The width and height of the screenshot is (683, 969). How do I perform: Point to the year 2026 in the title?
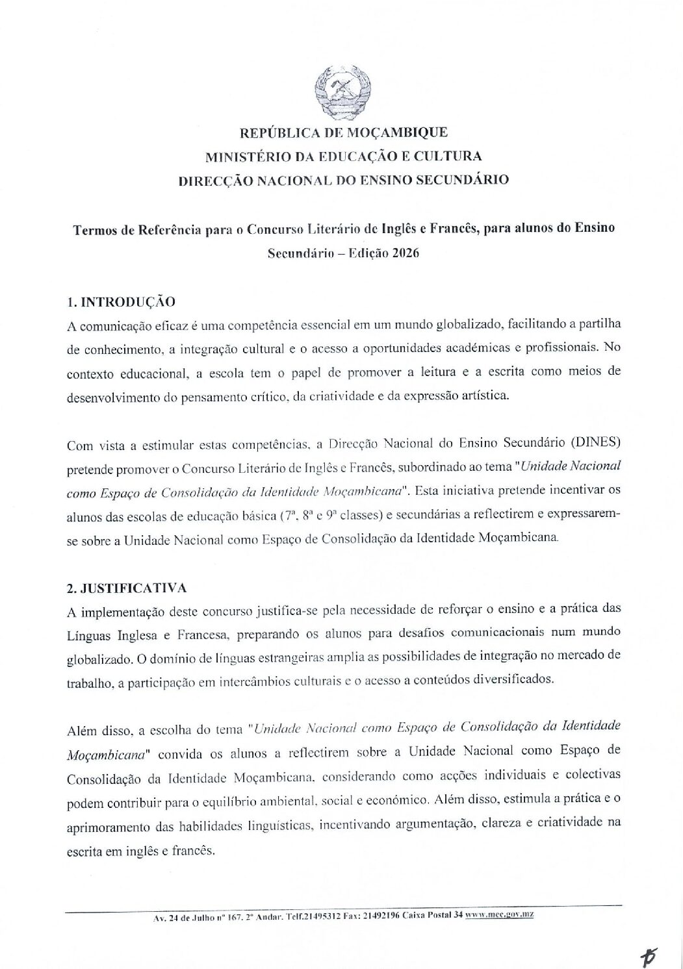click(x=406, y=253)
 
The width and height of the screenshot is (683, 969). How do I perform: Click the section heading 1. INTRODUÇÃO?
click(x=122, y=302)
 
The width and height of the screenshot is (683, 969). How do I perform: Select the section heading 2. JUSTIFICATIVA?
click(x=127, y=588)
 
